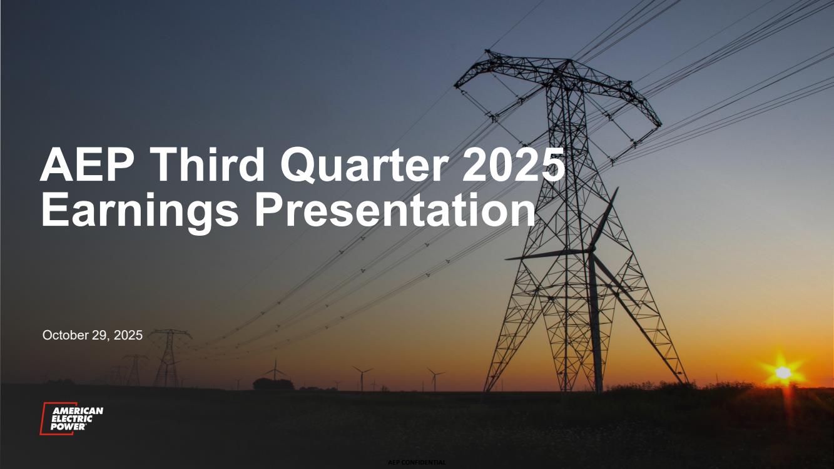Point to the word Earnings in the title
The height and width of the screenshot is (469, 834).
(x=140, y=211)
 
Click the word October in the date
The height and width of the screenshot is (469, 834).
(x=65, y=335)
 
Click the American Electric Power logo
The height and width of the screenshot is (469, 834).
(x=71, y=418)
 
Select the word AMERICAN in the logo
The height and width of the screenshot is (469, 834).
(x=78, y=411)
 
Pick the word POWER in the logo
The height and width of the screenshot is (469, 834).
(x=68, y=426)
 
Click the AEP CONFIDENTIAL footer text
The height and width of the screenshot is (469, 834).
(x=417, y=463)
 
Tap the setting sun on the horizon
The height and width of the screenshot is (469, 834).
(x=783, y=372)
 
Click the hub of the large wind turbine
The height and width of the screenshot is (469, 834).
(x=592, y=250)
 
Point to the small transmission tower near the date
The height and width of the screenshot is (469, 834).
(x=169, y=357)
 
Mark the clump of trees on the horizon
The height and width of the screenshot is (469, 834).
(x=273, y=384)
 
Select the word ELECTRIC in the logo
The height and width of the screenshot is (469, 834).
(x=71, y=419)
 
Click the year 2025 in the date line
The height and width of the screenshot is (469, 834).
(x=128, y=335)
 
